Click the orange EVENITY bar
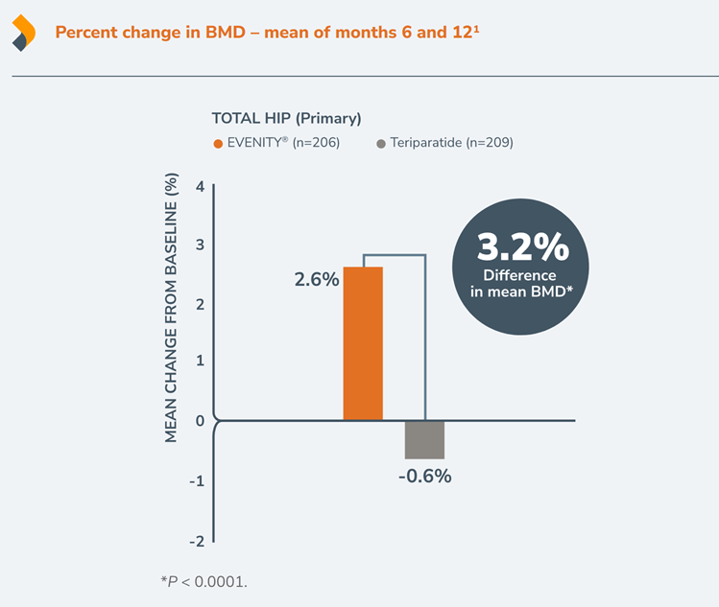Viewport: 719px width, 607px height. pyautogui.click(x=363, y=342)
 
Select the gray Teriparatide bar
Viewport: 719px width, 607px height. pyautogui.click(x=424, y=439)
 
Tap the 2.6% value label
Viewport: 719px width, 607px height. pyautogui.click(x=317, y=280)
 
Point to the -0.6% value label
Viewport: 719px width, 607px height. pyautogui.click(x=424, y=476)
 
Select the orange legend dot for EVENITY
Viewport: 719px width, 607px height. pyautogui.click(x=217, y=143)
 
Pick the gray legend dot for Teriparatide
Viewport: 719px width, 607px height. pyautogui.click(x=381, y=143)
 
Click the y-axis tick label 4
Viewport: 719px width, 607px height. pyautogui.click(x=199, y=186)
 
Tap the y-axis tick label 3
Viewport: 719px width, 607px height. pyautogui.click(x=199, y=245)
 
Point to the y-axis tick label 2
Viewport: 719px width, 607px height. pyautogui.click(x=199, y=304)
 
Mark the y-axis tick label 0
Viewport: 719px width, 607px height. pyautogui.click(x=199, y=421)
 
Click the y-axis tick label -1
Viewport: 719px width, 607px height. pyautogui.click(x=196, y=480)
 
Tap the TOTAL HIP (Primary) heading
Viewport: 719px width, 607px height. pyautogui.click(x=286, y=118)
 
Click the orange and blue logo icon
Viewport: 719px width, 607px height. pyautogui.click(x=24, y=33)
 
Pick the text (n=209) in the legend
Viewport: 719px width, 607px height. pyautogui.click(x=490, y=143)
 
